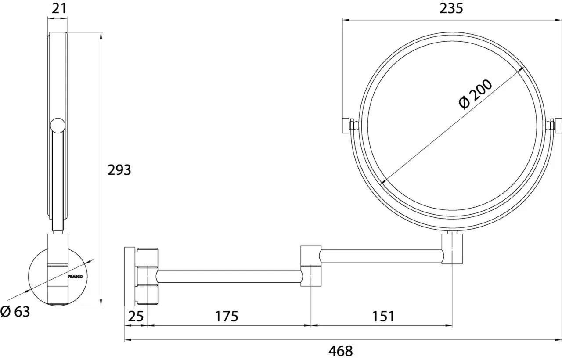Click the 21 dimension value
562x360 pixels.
pos(59,8)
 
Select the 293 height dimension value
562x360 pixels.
pos(119,170)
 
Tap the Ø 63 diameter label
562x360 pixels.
pos(15,312)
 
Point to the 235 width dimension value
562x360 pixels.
pos(451,8)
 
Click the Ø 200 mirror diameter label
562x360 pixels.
pos(475,94)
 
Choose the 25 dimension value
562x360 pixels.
pos(136,317)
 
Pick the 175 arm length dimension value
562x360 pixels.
pos(227,317)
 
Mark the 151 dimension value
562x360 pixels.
pos(383,317)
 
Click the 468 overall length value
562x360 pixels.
pos(340,351)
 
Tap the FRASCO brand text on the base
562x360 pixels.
pos(75,277)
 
